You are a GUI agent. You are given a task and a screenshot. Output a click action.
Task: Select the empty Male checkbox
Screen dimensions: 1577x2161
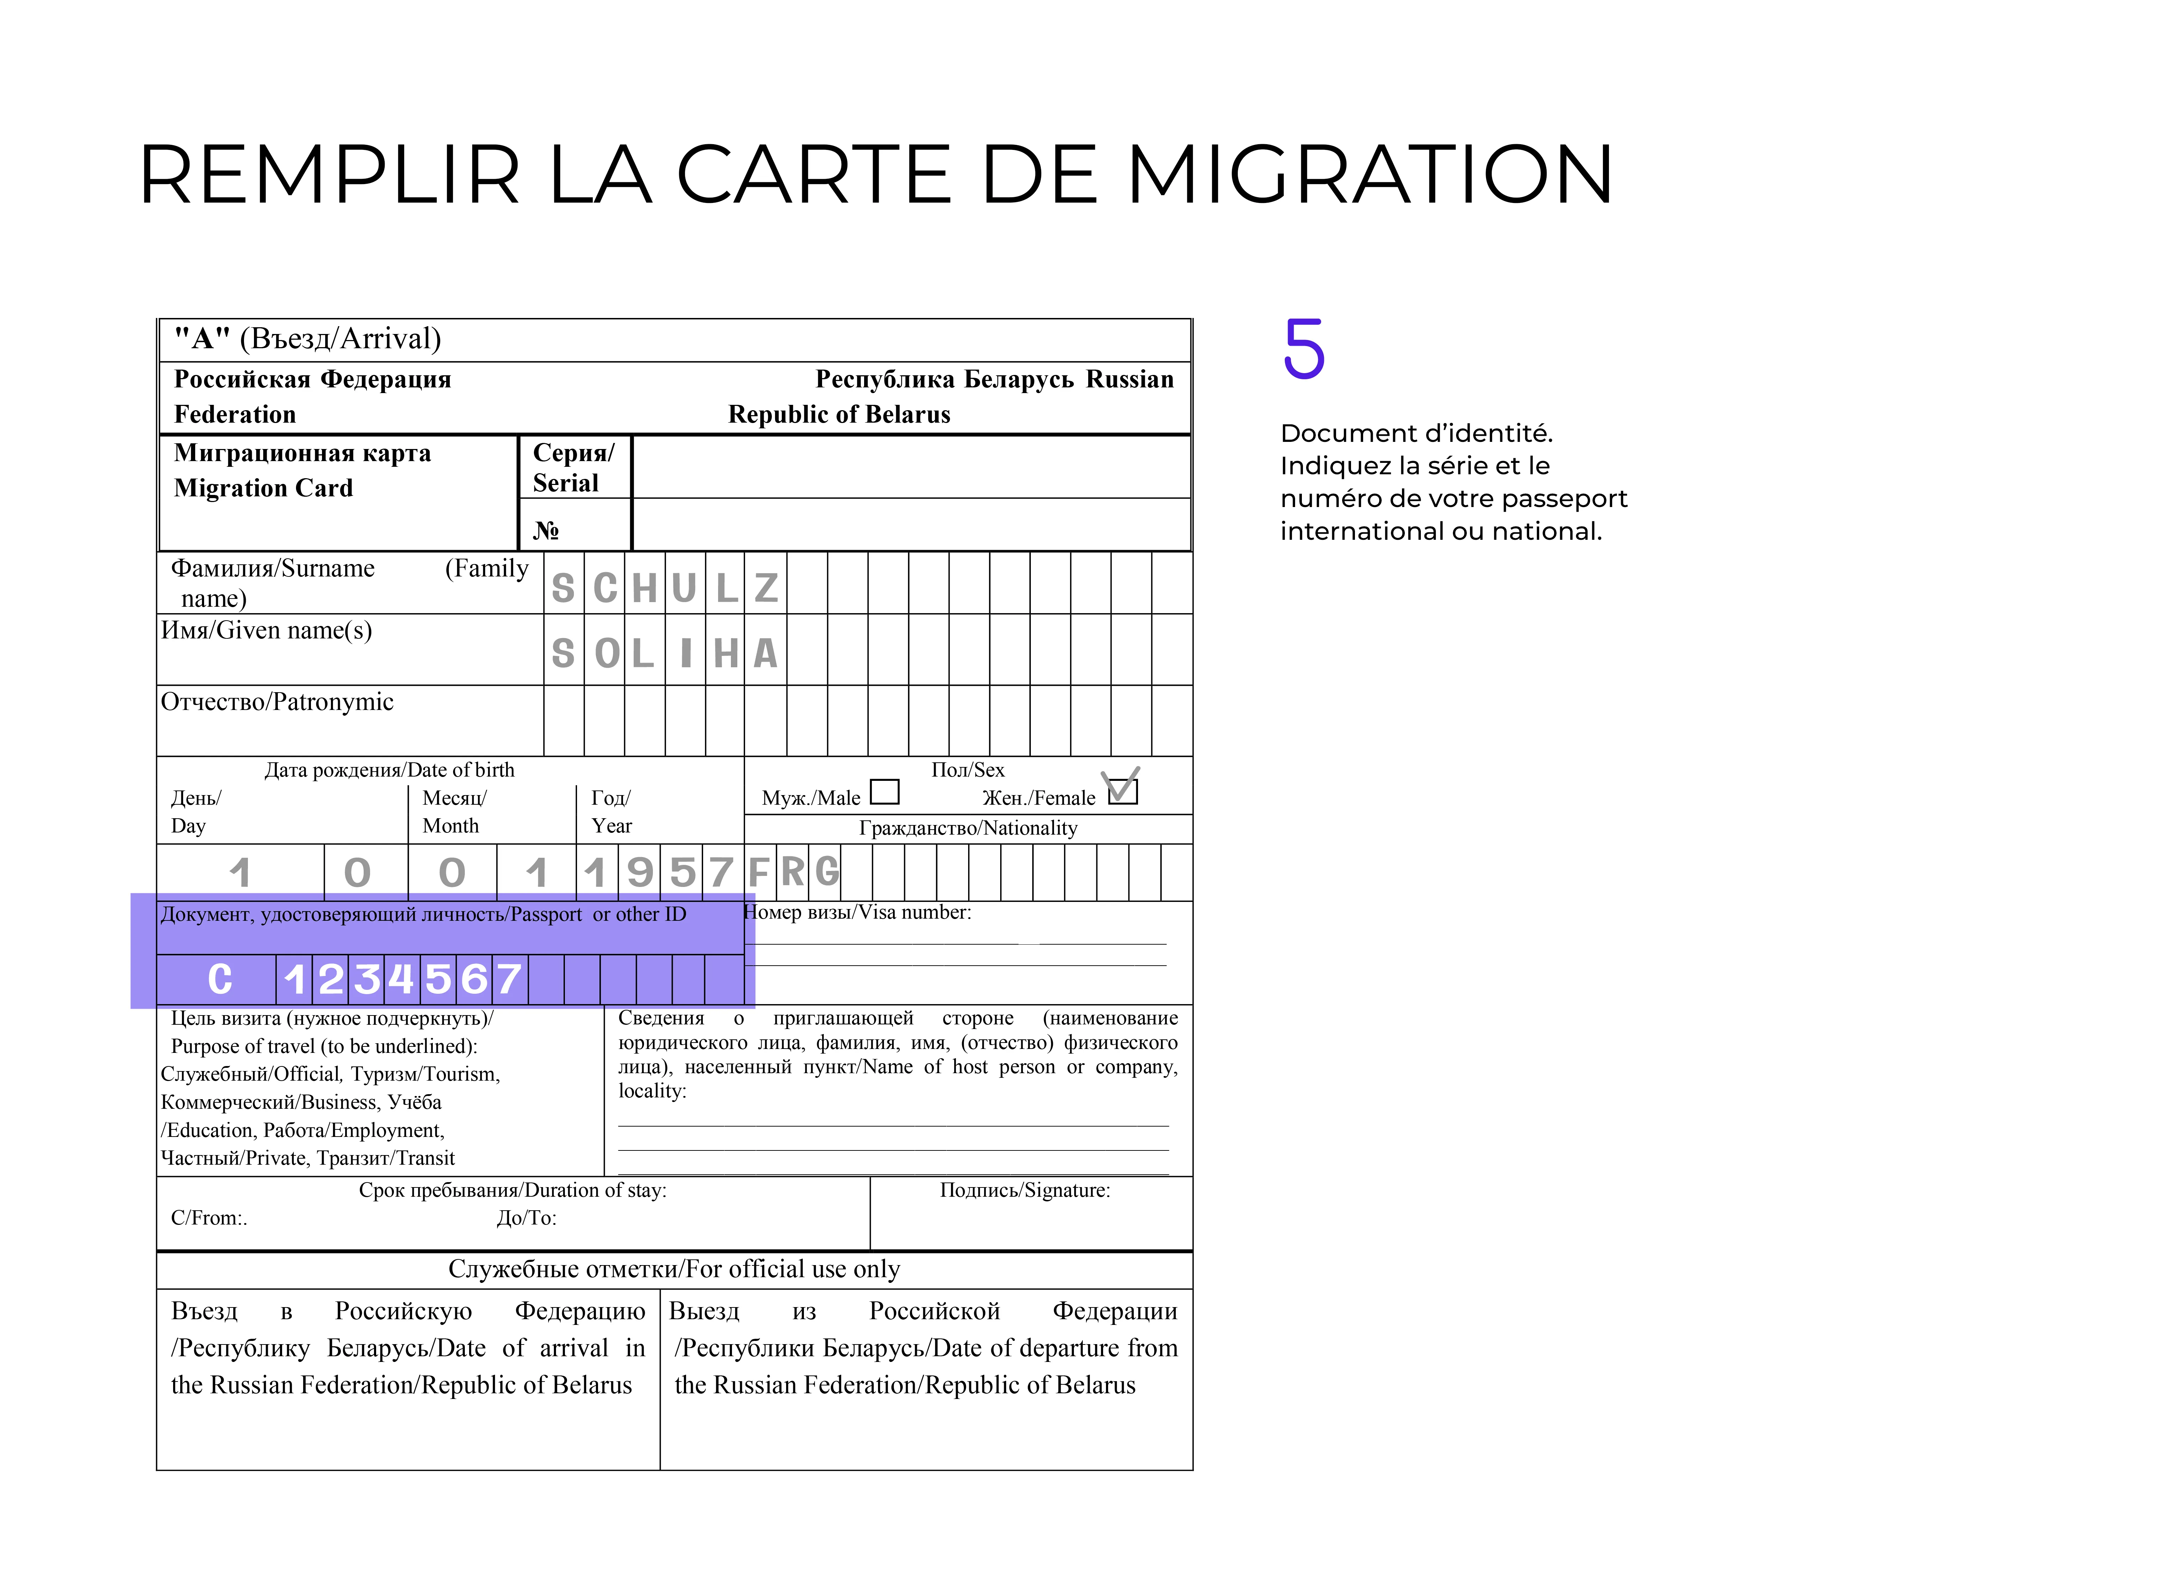point(885,792)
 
